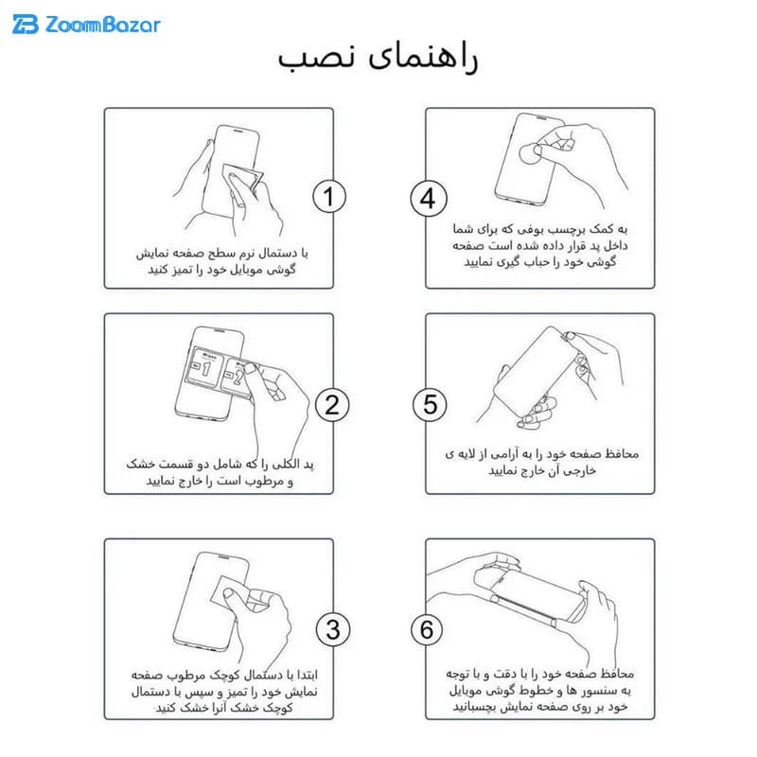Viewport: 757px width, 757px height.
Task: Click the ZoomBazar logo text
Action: (102, 25)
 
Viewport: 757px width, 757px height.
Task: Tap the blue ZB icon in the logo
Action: (26, 25)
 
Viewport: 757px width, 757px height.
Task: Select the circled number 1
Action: (329, 197)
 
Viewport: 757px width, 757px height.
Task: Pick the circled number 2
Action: (332, 405)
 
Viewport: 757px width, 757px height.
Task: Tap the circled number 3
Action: (333, 629)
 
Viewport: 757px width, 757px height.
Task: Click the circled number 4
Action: (429, 199)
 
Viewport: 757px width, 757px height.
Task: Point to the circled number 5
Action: (430, 405)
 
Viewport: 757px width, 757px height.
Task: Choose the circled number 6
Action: (427, 629)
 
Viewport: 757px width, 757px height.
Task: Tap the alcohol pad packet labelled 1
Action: (205, 367)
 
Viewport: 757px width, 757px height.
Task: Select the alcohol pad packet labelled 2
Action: (237, 378)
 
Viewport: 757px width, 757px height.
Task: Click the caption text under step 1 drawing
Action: (221, 261)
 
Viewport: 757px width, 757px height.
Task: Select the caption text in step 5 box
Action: (541, 462)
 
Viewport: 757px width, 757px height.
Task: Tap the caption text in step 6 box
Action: (539, 690)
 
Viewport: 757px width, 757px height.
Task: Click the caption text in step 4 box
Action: (539, 245)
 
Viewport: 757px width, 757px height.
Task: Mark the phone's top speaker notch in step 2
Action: (220, 330)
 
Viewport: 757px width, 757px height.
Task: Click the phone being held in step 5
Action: (536, 373)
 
